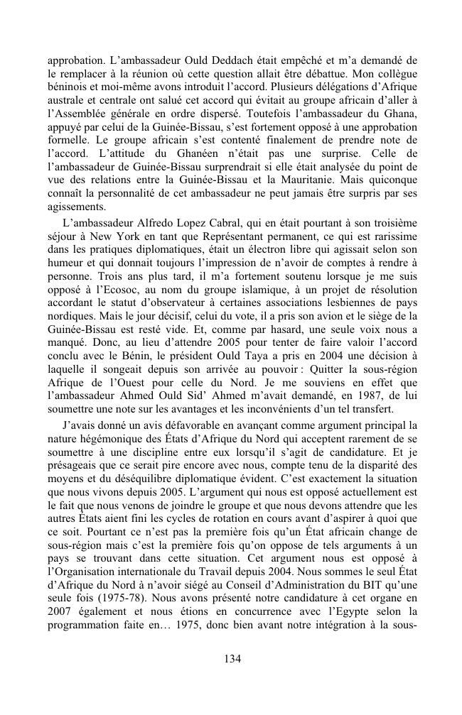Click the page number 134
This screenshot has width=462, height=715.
(x=232, y=658)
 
